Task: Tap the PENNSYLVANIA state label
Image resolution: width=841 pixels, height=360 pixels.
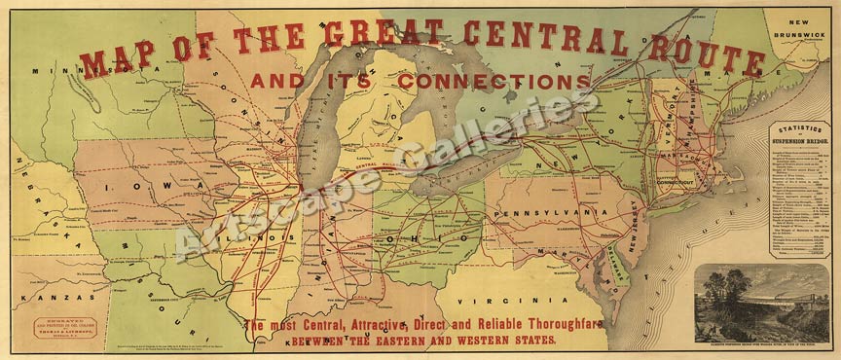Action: tap(552, 210)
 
